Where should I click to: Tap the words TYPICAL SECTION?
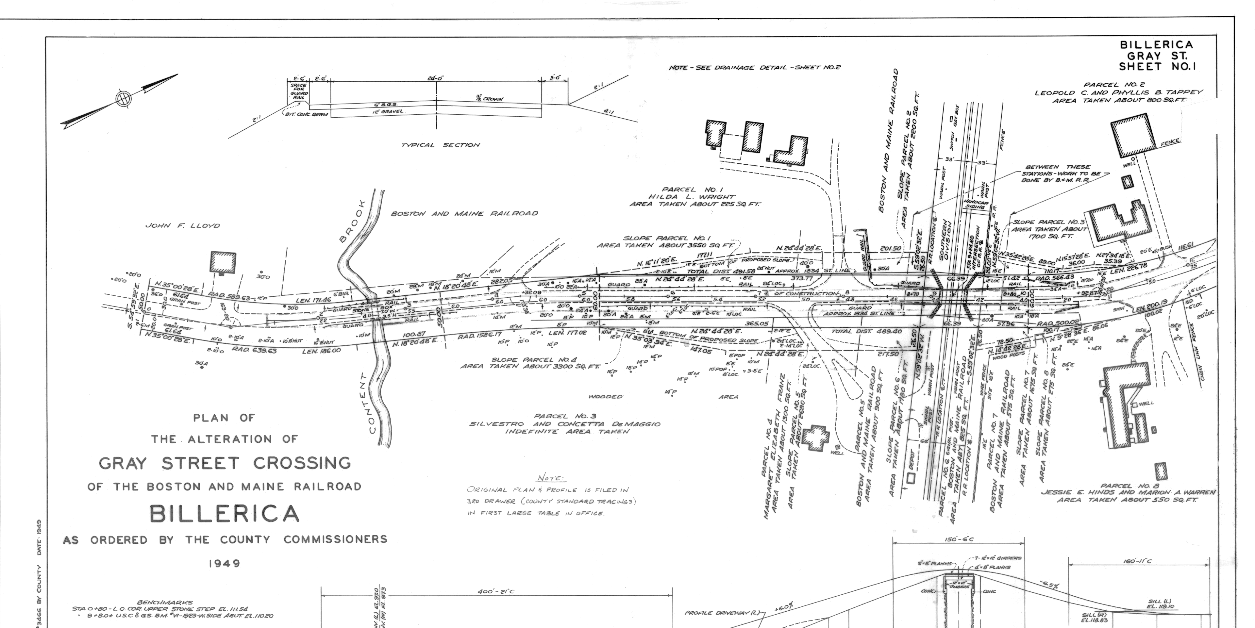tap(441, 145)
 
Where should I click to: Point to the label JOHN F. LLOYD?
tap(183, 225)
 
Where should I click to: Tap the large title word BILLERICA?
tap(224, 514)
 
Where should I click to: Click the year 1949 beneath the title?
tap(225, 564)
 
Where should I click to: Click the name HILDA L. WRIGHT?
tap(694, 197)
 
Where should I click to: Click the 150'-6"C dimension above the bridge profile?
tap(958, 539)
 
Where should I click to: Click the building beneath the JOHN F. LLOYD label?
tap(223, 263)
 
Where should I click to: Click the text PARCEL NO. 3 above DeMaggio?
tap(565, 416)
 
